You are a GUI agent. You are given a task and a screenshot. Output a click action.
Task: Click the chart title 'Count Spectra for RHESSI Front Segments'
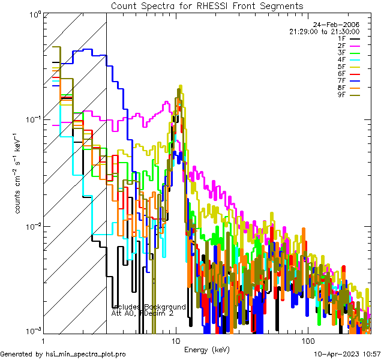(x=207, y=6)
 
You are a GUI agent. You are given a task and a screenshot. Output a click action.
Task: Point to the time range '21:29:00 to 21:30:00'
(x=324, y=31)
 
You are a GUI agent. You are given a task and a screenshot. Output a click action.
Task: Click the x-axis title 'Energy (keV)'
(x=207, y=349)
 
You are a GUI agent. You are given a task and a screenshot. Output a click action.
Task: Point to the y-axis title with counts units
(x=19, y=174)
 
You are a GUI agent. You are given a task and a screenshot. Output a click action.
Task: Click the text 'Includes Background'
(x=149, y=307)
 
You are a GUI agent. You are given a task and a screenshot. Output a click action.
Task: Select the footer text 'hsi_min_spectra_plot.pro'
(x=86, y=355)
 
